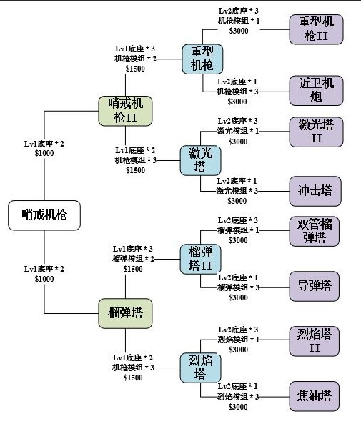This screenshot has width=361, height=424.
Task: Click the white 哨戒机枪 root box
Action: coord(44,215)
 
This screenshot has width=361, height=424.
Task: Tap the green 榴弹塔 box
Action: coord(125,312)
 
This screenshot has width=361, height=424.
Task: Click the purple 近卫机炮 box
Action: coord(315,89)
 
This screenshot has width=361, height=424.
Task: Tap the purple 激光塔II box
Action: coord(315,132)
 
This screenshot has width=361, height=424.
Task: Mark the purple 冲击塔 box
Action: coord(315,191)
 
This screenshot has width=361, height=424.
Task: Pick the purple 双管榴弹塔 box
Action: coord(315,231)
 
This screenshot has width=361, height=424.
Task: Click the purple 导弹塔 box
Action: coord(315,286)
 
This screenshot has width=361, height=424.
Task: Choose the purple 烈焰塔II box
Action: coord(315,340)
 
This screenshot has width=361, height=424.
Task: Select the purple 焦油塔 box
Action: coord(315,395)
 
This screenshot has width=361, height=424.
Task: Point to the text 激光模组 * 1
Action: coord(238,132)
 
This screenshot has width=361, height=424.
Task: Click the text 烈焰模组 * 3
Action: coord(238,396)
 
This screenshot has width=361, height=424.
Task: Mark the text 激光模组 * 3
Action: coord(238,191)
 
